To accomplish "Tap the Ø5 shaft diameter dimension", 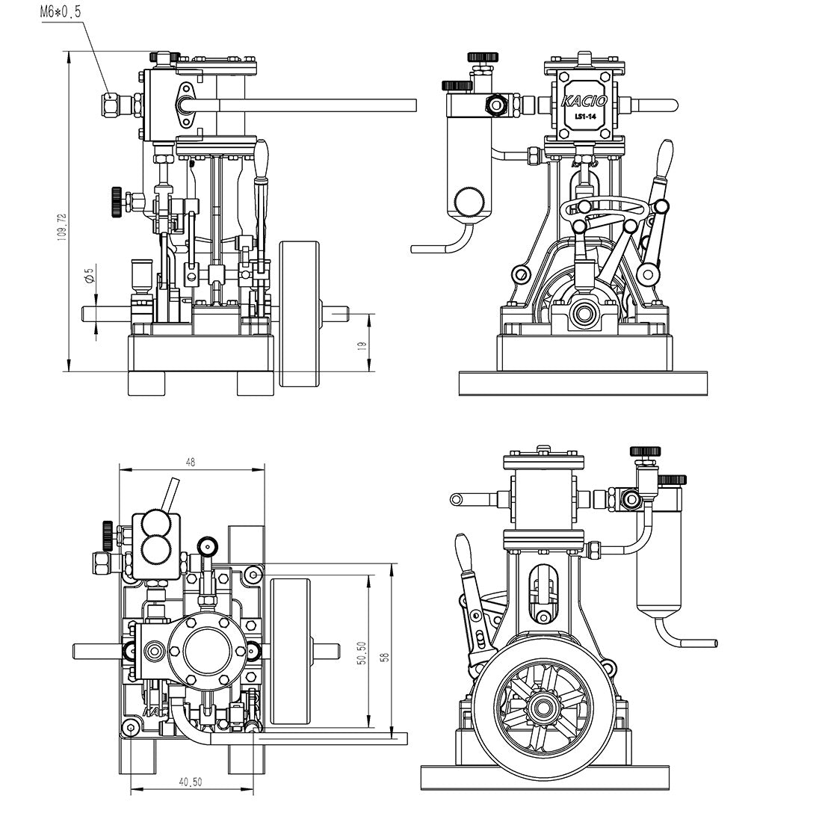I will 89,275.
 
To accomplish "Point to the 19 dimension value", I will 362,344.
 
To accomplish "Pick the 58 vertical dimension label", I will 385,657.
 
